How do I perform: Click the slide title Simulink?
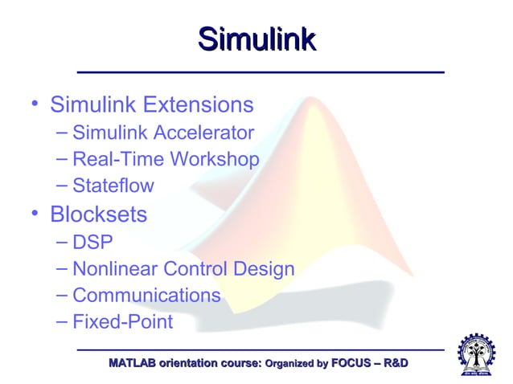[x=256, y=40]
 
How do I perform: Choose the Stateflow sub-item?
[x=113, y=186]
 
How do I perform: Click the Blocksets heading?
[x=98, y=214]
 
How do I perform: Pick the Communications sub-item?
[x=146, y=296]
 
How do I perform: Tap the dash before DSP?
[x=63, y=242]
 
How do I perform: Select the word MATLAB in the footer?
[x=133, y=365]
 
